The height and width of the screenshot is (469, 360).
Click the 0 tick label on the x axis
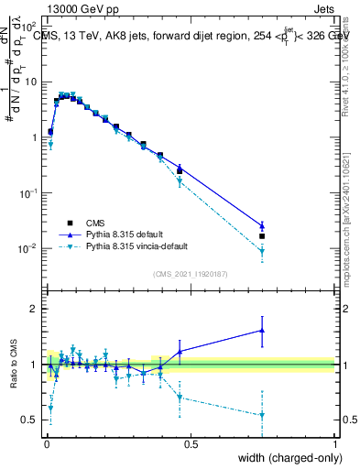pos(46,444)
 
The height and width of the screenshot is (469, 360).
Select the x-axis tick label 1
pos(334,444)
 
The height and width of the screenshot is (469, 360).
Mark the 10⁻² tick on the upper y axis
pos(31,249)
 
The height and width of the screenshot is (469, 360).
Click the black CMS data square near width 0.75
pos(262,236)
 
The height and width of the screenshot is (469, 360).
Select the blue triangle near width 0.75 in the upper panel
pos(262,225)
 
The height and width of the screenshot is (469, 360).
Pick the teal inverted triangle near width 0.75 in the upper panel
pos(262,252)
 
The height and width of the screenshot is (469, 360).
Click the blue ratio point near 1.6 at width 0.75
pos(262,331)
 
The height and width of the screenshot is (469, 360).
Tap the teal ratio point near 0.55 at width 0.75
pos(262,415)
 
